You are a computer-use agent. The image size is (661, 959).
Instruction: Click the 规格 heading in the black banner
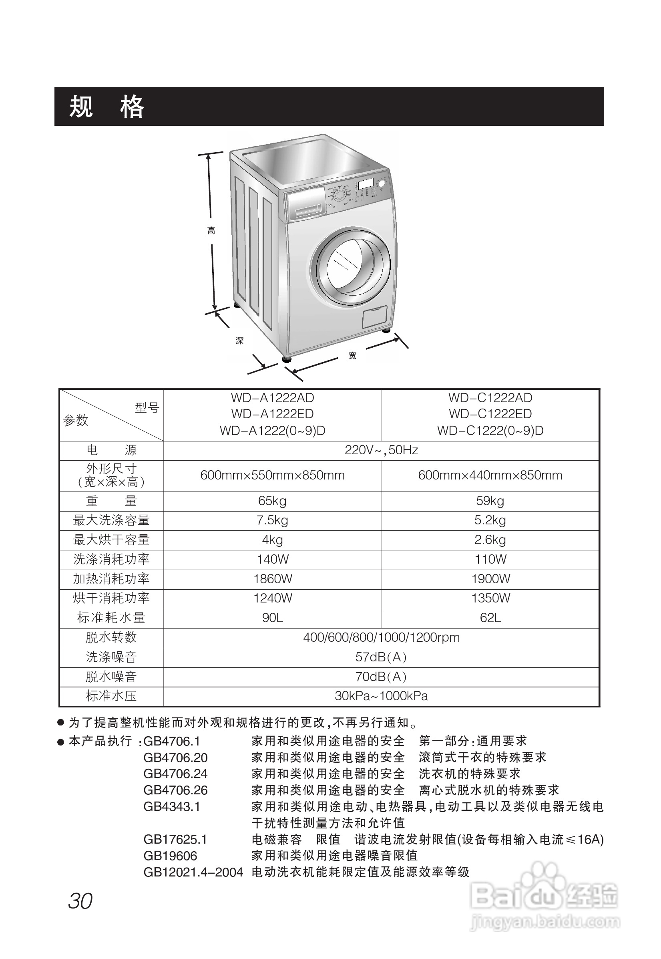pos(106,107)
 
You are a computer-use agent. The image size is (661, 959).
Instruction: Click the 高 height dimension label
pos(211,231)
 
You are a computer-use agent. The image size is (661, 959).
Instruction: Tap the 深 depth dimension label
pos(239,340)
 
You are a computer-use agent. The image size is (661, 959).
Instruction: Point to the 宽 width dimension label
pos(352,356)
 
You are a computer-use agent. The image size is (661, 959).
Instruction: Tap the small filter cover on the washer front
pos(374,317)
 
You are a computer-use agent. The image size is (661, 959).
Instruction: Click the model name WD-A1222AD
pos(272,398)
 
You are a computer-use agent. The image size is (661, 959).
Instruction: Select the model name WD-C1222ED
pos(490,414)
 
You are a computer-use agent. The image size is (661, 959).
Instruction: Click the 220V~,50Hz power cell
pos(381,450)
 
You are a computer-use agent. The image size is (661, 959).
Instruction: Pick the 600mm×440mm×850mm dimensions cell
pos(490,475)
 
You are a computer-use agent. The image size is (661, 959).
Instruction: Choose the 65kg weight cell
pos(272,501)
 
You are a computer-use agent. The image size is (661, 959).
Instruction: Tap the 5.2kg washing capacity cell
pos(490,520)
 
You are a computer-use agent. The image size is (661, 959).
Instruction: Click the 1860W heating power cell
pos(273,579)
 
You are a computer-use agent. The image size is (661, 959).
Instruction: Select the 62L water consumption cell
pos(490,618)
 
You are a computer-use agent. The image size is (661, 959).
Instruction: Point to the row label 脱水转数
pos(111,637)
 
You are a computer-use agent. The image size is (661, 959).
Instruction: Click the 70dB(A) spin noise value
pos(381,677)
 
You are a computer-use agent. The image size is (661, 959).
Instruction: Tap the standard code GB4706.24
pos(175,774)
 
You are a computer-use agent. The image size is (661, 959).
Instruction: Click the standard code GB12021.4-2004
pos(193,872)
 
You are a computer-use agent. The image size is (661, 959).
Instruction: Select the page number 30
pos(80,901)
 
